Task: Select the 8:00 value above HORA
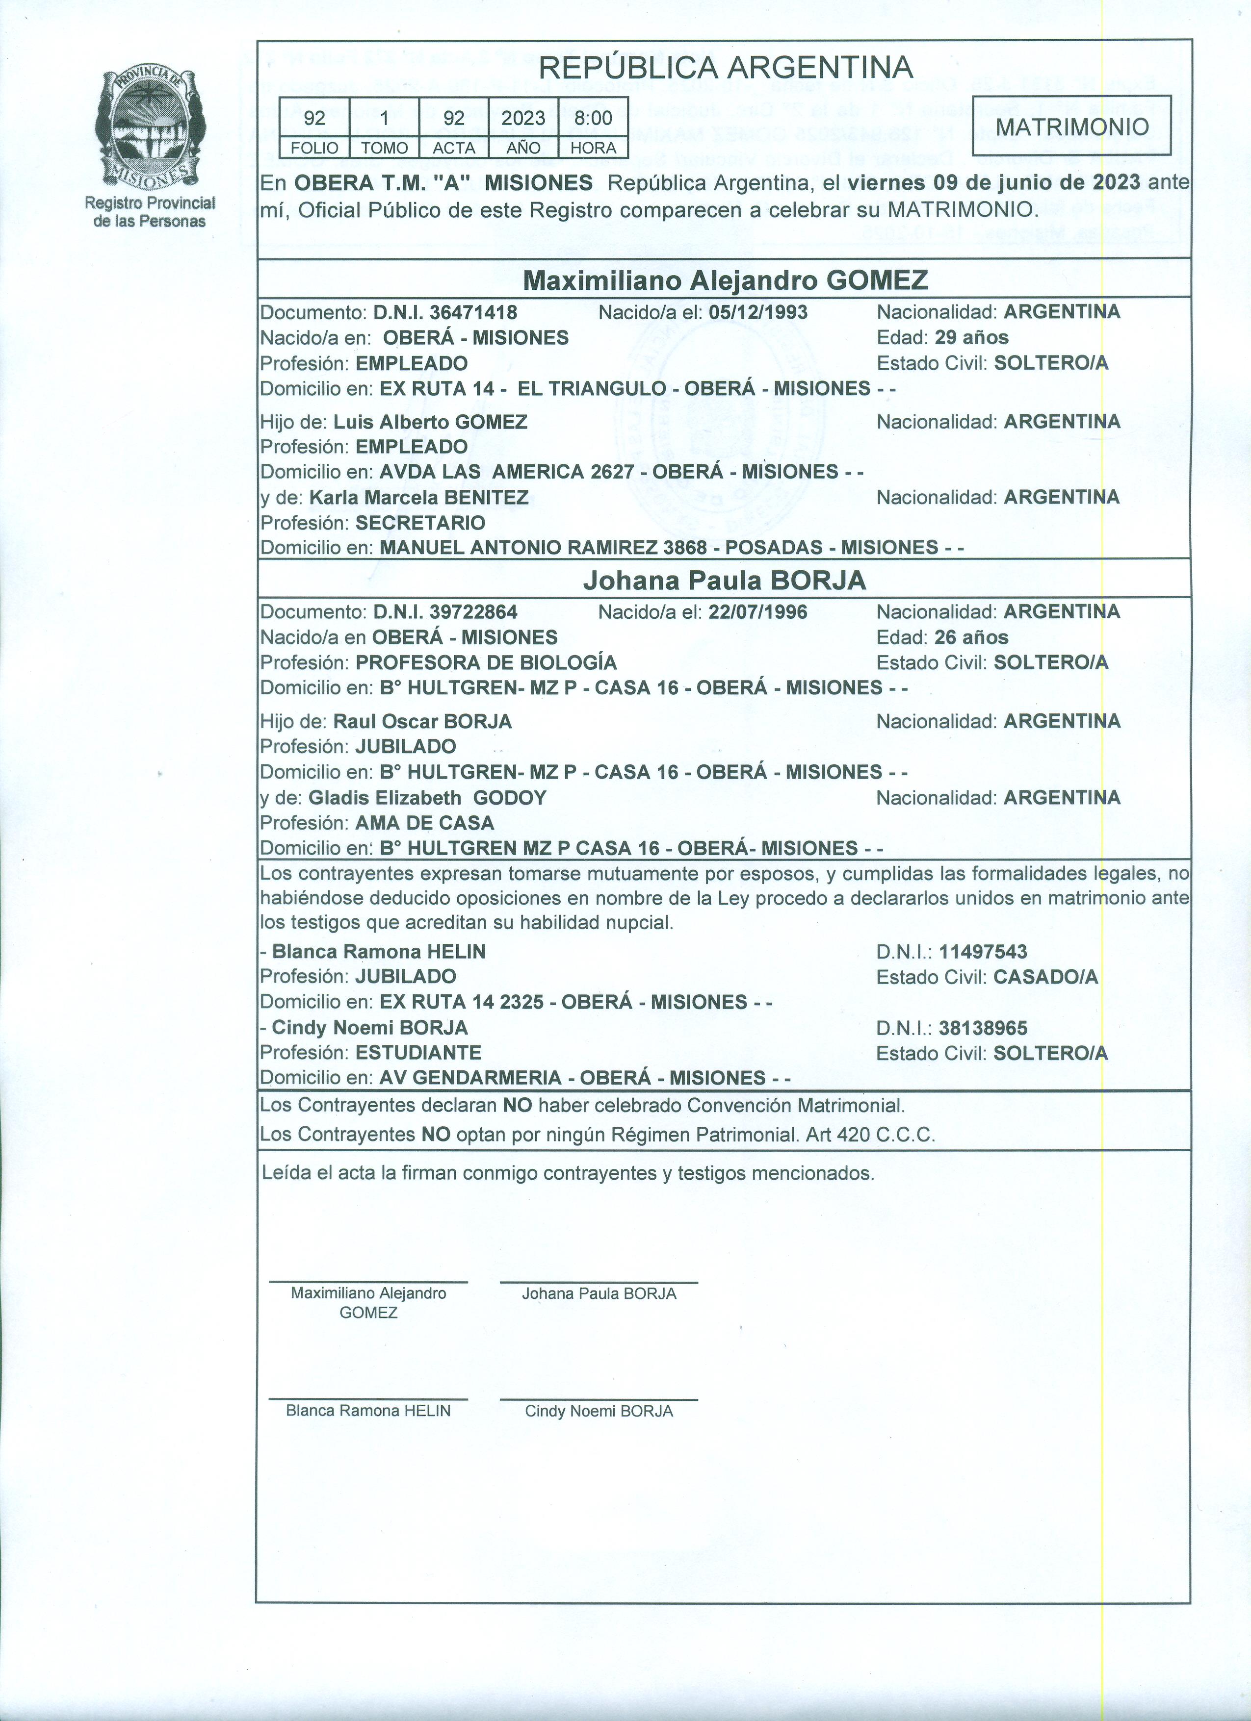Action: coord(593,118)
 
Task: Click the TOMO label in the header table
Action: coord(384,148)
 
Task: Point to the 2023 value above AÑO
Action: coord(523,118)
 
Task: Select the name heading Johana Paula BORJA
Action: coord(724,581)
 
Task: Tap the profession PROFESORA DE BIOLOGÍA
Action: coord(486,662)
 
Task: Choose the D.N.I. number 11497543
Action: coord(983,952)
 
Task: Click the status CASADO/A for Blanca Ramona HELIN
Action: coord(1046,977)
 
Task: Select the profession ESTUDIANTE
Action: coord(418,1053)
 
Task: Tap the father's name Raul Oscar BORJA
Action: coord(423,722)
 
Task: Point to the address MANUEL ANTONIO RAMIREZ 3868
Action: coord(543,548)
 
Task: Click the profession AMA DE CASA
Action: coord(424,823)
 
